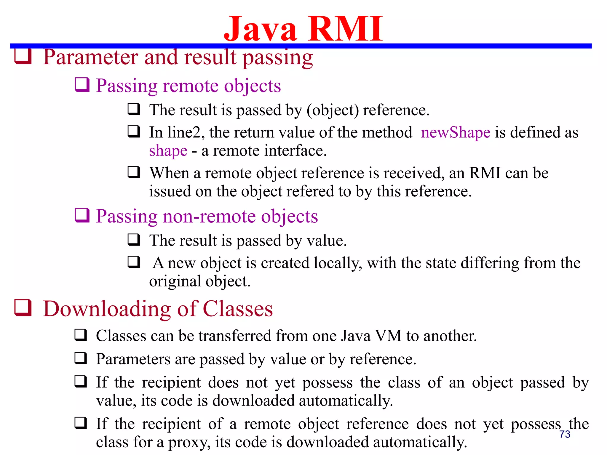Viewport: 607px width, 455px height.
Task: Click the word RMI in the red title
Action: [345, 29]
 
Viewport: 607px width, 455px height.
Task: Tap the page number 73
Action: [565, 434]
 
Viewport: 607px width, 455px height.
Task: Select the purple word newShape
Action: [456, 132]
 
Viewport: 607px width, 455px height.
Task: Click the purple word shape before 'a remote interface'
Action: [168, 151]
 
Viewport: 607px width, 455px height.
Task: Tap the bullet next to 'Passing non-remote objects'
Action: [82, 215]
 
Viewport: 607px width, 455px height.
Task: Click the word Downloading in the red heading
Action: [107, 309]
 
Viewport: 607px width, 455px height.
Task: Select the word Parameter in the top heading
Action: [90, 57]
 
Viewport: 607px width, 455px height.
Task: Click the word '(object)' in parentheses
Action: [333, 110]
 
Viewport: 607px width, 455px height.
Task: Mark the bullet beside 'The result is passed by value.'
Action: [134, 240]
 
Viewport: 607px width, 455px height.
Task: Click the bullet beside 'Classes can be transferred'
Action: [81, 335]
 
